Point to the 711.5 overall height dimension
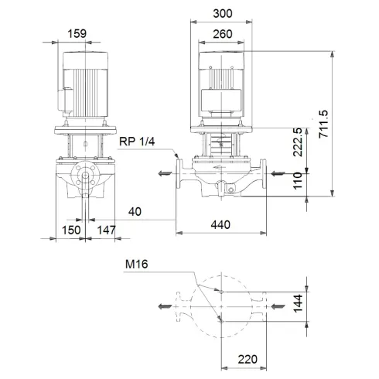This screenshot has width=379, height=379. (325, 121)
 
